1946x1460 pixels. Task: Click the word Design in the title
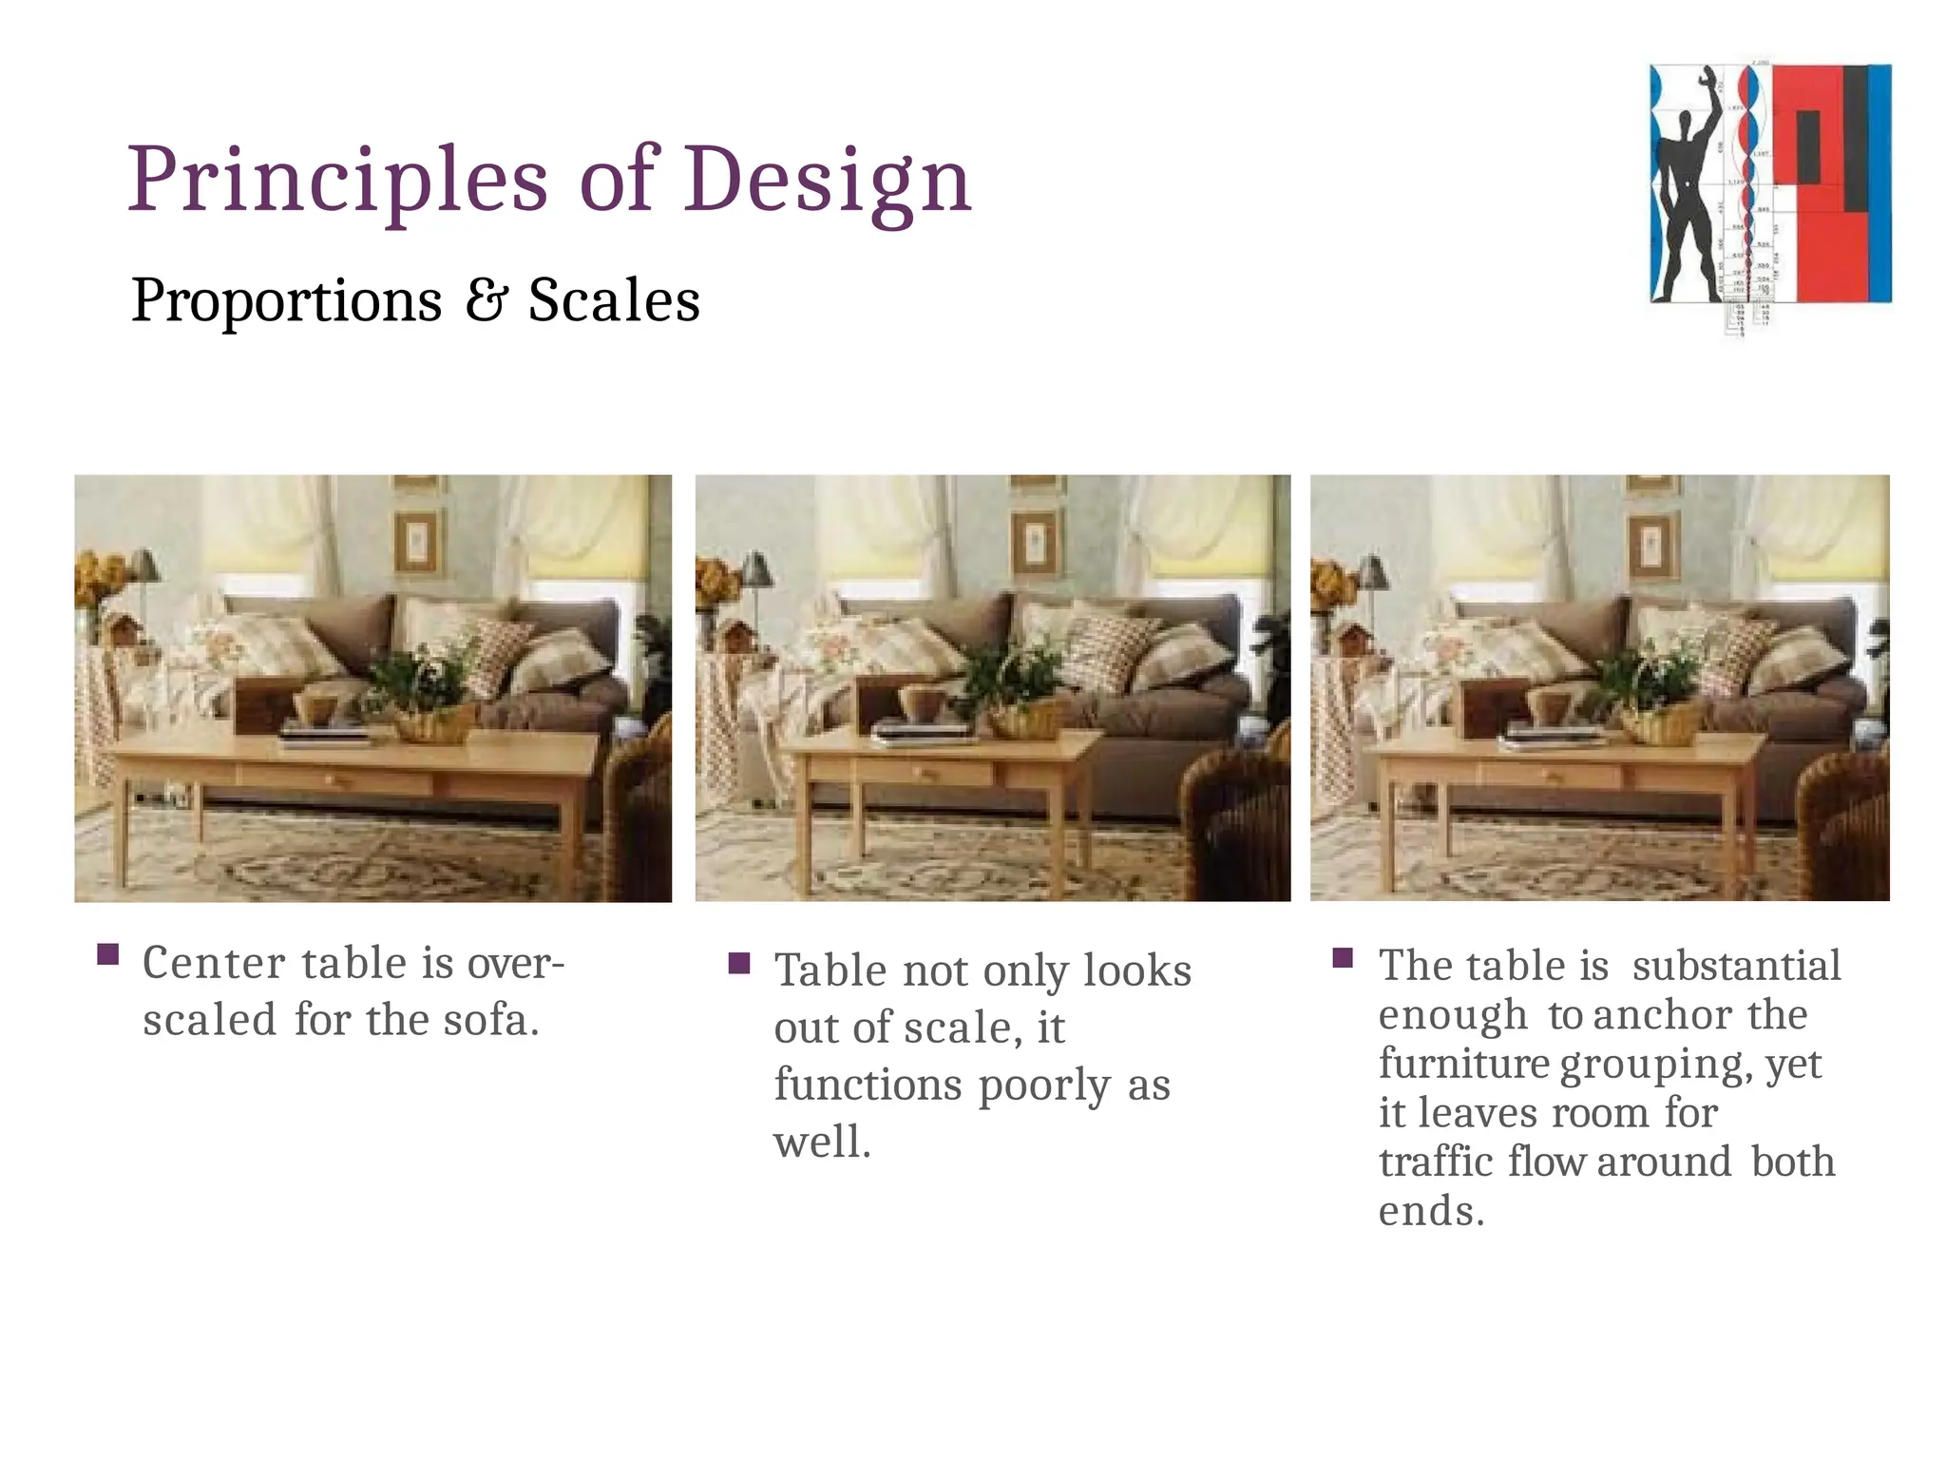point(827,181)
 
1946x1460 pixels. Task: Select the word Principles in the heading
point(337,181)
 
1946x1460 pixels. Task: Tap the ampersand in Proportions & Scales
point(486,300)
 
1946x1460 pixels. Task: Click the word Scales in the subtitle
point(614,300)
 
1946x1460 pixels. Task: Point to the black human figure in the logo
point(1688,200)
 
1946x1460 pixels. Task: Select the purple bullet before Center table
point(108,953)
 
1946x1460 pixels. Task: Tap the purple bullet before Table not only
point(739,964)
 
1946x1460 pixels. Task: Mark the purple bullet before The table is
point(1343,957)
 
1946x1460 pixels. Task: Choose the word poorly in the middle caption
point(1043,1085)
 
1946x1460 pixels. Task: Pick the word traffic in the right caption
point(1436,1162)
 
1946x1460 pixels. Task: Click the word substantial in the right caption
point(1736,966)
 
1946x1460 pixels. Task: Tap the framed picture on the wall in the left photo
point(416,542)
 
